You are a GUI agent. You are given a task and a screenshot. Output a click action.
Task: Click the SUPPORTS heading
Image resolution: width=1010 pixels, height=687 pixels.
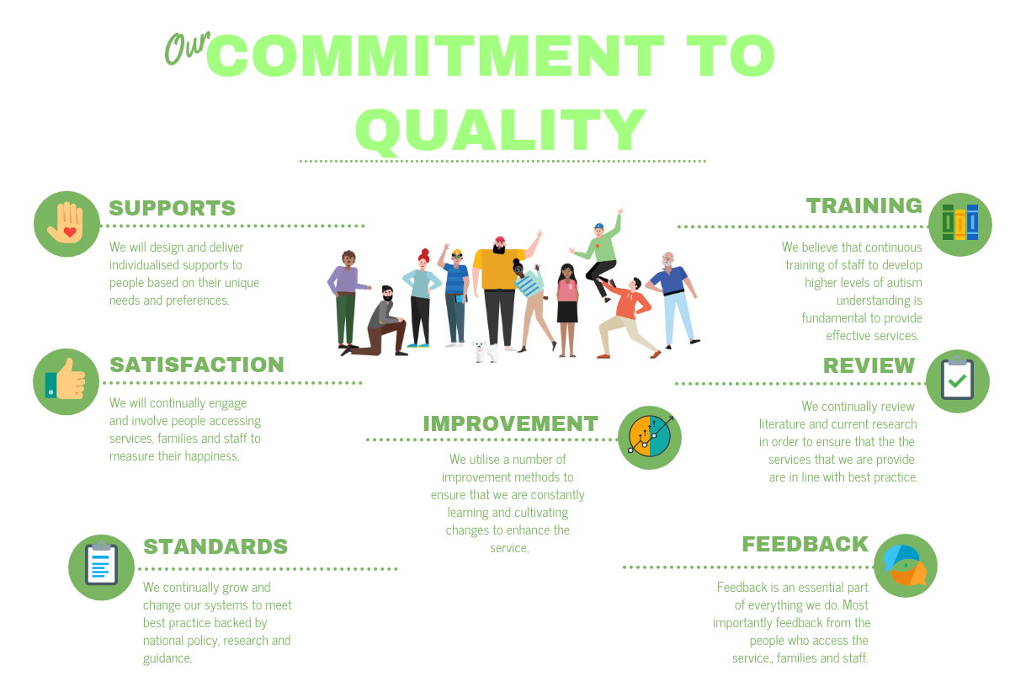pyautogui.click(x=173, y=209)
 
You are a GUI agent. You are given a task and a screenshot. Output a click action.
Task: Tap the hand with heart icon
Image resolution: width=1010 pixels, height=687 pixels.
pyautogui.click(x=66, y=224)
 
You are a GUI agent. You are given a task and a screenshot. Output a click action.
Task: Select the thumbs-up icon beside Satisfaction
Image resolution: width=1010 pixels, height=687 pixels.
pyautogui.click(x=66, y=381)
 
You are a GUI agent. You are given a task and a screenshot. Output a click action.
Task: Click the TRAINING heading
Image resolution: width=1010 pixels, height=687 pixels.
pyautogui.click(x=864, y=205)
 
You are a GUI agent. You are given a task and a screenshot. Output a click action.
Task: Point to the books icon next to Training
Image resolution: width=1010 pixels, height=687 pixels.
pyautogui.click(x=960, y=224)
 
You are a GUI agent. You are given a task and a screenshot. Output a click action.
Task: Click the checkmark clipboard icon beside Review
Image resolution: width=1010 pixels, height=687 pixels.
pyautogui.click(x=958, y=381)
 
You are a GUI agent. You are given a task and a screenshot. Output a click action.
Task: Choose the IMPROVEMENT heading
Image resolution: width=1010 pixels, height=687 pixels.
pyautogui.click(x=510, y=424)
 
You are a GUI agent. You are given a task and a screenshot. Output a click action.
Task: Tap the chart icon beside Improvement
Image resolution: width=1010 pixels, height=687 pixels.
pyautogui.click(x=649, y=438)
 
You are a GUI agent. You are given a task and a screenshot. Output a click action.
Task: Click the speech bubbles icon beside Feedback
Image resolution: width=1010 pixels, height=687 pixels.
pyautogui.click(x=906, y=566)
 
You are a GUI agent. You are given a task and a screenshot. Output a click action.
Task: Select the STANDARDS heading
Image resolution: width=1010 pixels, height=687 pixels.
pyautogui.click(x=215, y=546)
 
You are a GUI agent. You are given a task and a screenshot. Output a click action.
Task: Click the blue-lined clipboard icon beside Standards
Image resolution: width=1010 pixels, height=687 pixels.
pyautogui.click(x=102, y=567)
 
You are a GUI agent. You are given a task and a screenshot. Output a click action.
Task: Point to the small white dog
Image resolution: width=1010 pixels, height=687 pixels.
pyautogui.click(x=485, y=351)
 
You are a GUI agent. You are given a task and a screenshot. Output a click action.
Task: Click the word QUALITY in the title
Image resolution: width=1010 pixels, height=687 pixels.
pyautogui.click(x=502, y=130)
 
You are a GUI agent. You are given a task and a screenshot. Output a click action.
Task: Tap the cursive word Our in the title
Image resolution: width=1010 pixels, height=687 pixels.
pyautogui.click(x=187, y=48)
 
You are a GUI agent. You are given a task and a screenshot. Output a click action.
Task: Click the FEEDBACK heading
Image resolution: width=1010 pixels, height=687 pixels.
pyautogui.click(x=805, y=545)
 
